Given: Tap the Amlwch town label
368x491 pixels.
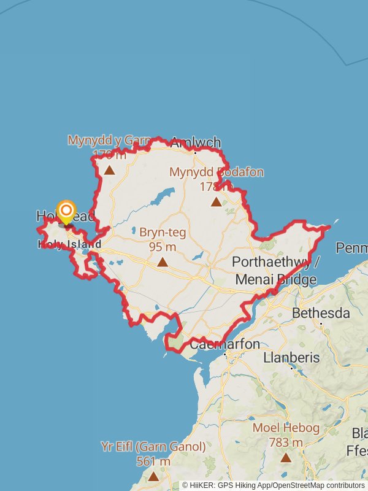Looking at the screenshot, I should pos(195,143).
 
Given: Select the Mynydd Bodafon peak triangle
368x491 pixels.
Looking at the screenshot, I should pos(217,202).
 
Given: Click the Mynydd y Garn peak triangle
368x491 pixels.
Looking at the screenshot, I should pos(109,170).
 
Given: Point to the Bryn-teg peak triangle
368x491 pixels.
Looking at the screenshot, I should pos(163,262).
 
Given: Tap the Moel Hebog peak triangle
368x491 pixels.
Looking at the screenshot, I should pos(286,457).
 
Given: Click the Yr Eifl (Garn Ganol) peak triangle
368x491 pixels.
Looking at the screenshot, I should pos(153,476).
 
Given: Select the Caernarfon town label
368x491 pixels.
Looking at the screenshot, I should pos(225,344).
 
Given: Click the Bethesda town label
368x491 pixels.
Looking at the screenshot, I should pos(321,313).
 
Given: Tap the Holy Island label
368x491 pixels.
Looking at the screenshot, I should pos(69,244).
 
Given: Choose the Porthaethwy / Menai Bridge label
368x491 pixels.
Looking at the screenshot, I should pos(275,271).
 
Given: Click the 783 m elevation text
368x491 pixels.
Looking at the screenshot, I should pos(286,442).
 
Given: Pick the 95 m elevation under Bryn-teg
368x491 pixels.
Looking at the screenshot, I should pos(163,247).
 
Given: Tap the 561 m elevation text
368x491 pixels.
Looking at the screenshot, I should pos(153,462).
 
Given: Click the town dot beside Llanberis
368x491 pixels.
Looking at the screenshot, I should pos(291,368).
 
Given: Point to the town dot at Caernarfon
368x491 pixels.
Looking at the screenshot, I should pos(225,354).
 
